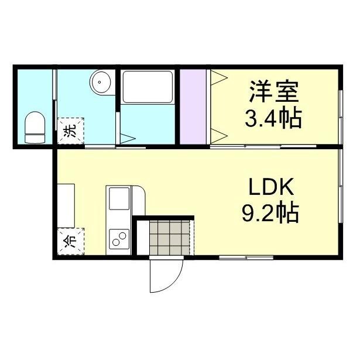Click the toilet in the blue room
point(35,128)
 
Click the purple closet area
point(193,106)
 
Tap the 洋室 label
point(273,92)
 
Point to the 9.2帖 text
point(270,212)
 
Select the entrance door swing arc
point(165,277)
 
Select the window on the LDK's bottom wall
point(246,257)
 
